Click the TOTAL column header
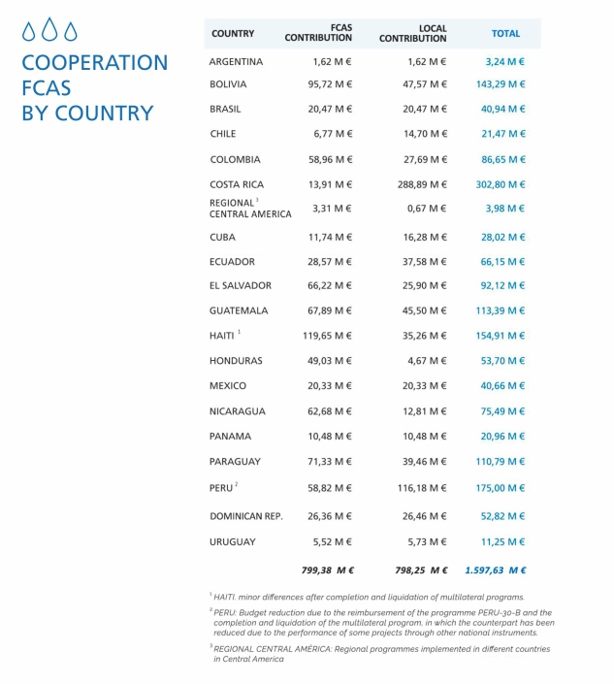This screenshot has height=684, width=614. click(505, 34)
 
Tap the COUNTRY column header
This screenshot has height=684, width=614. click(233, 34)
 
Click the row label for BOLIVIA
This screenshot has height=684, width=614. click(228, 85)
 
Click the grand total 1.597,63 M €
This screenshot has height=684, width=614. click(496, 570)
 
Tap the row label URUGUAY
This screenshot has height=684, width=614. click(233, 541)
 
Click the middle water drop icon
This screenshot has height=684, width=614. click(49, 31)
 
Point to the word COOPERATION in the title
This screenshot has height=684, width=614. click(94, 63)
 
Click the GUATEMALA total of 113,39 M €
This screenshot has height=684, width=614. click(501, 310)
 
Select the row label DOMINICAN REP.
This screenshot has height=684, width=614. click(246, 516)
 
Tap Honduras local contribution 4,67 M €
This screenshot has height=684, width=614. click(427, 361)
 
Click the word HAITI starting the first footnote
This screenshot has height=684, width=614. click(226, 597)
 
